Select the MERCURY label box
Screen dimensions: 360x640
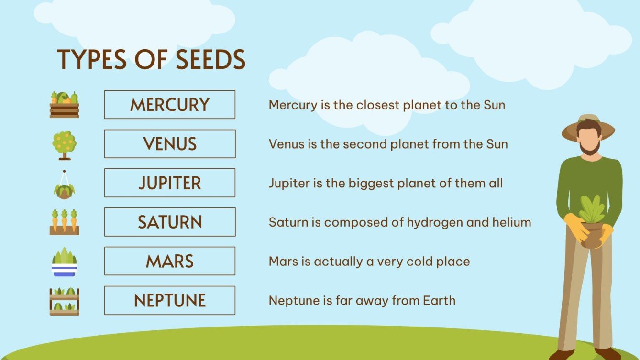click(170, 105)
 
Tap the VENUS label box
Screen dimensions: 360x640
click(170, 144)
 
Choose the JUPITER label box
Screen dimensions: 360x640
click(170, 183)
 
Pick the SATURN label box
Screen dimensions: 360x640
click(170, 222)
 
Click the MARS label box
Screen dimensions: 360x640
click(170, 262)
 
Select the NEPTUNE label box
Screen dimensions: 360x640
click(170, 301)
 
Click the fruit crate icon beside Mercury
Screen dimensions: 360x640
click(64, 105)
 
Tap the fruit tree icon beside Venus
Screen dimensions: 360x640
click(64, 144)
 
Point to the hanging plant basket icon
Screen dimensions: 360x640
click(64, 186)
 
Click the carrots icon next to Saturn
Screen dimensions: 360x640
click(64, 222)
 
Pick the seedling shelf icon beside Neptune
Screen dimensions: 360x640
click(64, 301)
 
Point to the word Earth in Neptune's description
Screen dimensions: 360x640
click(439, 301)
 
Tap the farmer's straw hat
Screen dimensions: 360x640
click(588, 127)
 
